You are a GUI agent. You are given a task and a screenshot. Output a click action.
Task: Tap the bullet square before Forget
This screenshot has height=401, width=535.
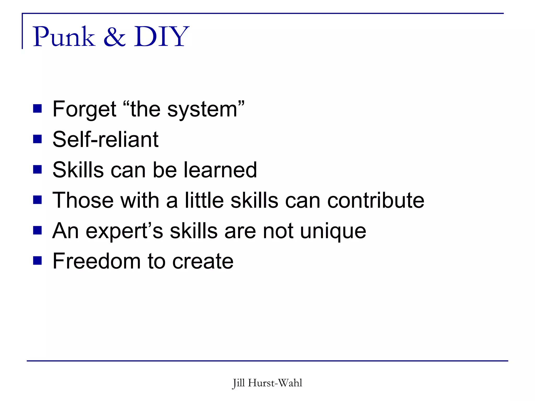coord(37,109)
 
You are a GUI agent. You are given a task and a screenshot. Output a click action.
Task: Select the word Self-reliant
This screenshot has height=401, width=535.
coord(106,139)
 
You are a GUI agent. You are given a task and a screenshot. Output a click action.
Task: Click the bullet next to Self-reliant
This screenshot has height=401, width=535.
coord(37,139)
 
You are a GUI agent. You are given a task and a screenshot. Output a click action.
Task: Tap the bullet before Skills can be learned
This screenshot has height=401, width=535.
coord(37,170)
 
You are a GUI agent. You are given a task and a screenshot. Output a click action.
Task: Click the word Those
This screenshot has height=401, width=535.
coord(83,200)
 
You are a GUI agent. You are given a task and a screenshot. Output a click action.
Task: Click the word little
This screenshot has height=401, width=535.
coord(204,200)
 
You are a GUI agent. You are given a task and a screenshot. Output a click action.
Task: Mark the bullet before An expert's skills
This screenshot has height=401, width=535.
coord(37,231)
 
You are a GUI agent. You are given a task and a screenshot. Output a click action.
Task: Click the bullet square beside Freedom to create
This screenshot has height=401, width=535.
coord(37,261)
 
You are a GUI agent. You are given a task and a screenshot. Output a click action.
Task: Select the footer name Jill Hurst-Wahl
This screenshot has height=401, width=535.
coord(267,383)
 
